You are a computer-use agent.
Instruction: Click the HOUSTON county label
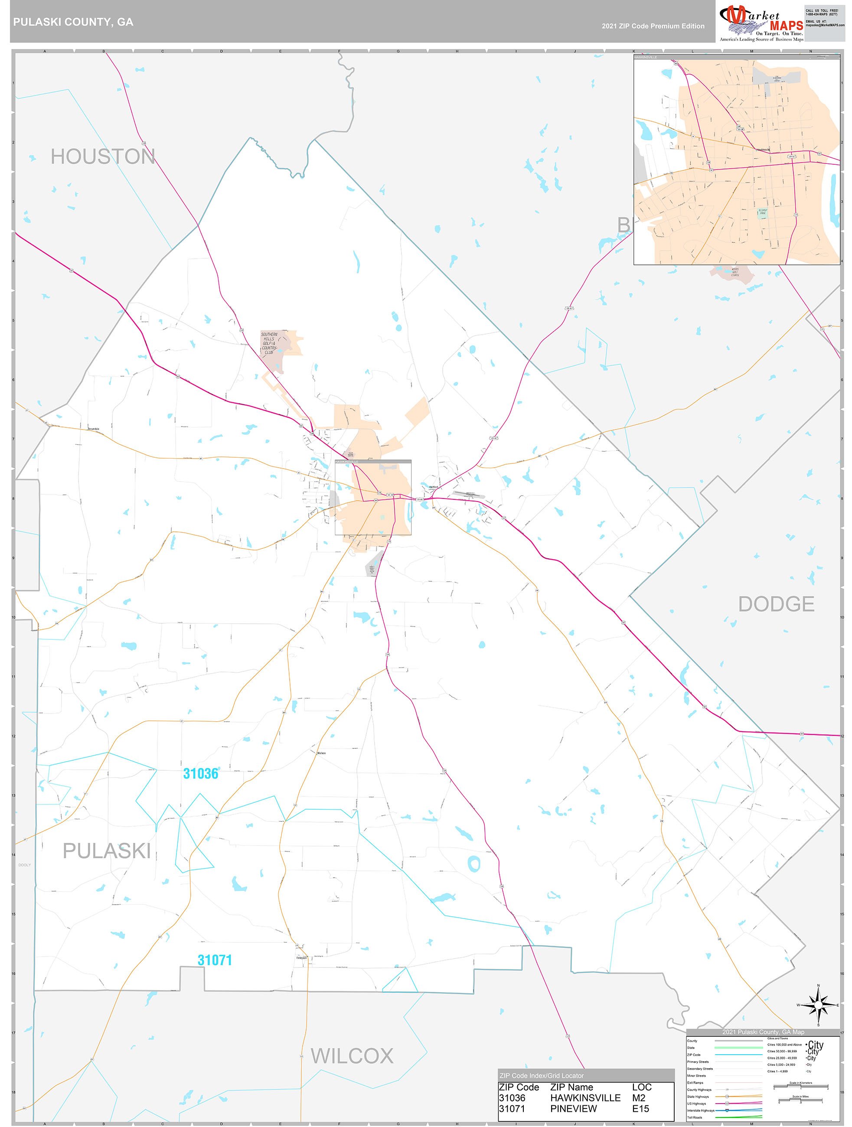tap(102, 156)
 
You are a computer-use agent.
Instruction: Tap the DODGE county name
tap(776, 604)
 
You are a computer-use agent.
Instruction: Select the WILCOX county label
tap(352, 1056)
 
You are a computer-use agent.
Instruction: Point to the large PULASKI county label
tap(107, 850)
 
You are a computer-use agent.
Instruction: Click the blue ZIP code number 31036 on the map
tap(200, 773)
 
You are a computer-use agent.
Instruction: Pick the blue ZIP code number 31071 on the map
tap(215, 960)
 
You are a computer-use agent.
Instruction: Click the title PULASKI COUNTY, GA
tap(73, 22)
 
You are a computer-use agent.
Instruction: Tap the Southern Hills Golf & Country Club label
tap(269, 343)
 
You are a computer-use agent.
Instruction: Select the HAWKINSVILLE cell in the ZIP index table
tap(585, 1098)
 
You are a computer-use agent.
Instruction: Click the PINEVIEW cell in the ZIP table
tap(573, 1108)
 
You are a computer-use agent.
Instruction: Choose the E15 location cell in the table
tap(640, 1108)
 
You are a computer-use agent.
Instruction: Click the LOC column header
tap(642, 1087)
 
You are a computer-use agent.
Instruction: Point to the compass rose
tap(818, 1005)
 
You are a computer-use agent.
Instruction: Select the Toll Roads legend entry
tap(695, 1117)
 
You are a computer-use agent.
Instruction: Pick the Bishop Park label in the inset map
tap(762, 212)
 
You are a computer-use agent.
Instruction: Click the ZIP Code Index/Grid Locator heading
tap(541, 1075)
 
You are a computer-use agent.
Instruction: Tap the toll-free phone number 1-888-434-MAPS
tap(821, 14)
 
